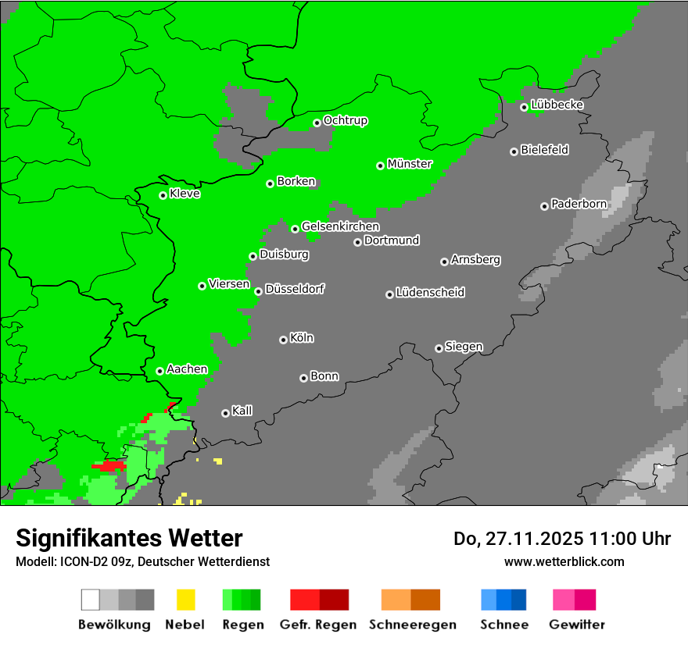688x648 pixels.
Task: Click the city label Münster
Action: point(410,164)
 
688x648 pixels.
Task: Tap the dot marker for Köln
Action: point(283,340)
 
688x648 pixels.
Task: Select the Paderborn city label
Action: point(579,205)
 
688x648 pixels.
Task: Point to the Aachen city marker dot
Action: point(159,371)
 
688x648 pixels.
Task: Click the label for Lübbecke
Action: point(557,105)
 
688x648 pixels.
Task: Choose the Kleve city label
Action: point(185,194)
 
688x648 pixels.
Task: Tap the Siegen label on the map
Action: point(464,347)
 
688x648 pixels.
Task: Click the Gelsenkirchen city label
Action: point(340,226)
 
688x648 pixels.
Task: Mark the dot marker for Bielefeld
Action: point(514,151)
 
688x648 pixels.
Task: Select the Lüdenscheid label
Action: point(430,293)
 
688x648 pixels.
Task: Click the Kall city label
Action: point(242,411)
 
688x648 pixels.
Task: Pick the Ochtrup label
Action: point(345,121)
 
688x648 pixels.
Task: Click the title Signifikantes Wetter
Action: point(129,538)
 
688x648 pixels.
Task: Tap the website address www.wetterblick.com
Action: point(564,561)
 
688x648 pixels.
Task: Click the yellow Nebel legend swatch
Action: point(185,600)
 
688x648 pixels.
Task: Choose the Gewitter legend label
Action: point(576,625)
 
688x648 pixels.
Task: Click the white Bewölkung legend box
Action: point(91,600)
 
